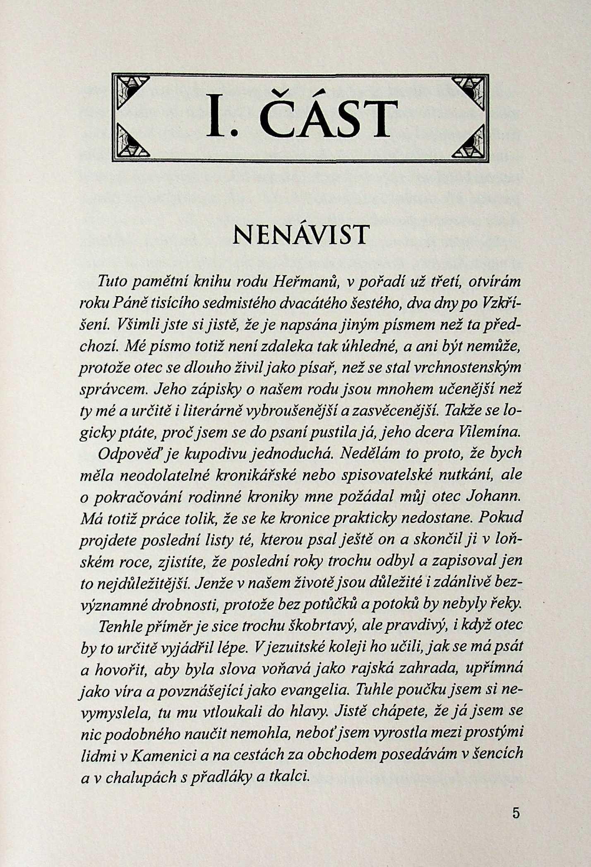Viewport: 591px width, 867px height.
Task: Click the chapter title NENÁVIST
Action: pyautogui.click(x=300, y=235)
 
